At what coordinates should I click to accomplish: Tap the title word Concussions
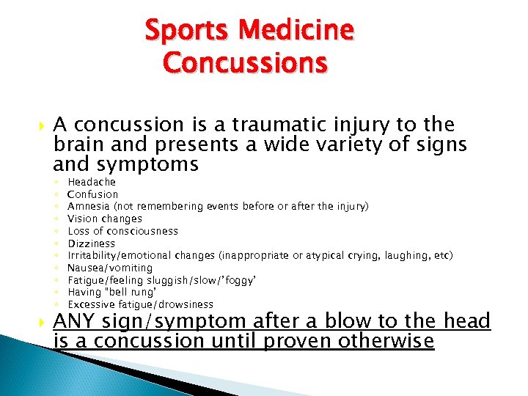(x=245, y=63)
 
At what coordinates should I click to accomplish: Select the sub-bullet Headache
(x=92, y=182)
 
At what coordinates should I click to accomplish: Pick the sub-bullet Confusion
(x=92, y=194)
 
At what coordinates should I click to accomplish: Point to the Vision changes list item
(x=104, y=219)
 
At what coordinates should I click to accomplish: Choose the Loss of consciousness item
(x=122, y=231)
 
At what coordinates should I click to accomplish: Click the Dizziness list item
(x=91, y=243)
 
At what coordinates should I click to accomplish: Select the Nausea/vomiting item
(x=110, y=268)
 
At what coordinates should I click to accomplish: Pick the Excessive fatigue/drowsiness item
(x=140, y=304)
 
